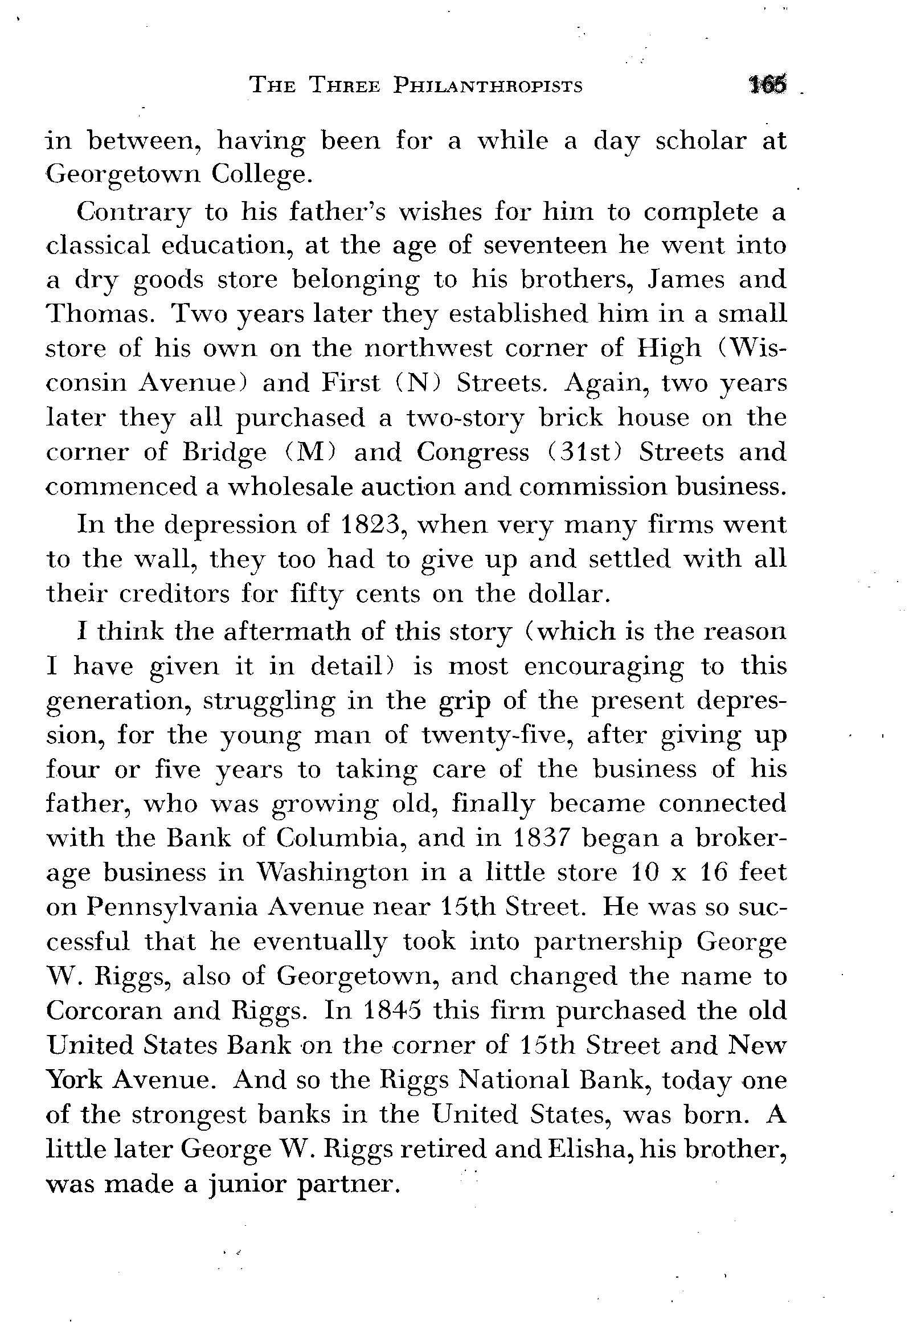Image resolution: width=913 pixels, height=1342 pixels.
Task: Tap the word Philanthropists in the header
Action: (488, 85)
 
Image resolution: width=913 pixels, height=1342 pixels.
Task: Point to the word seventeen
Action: (544, 246)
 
